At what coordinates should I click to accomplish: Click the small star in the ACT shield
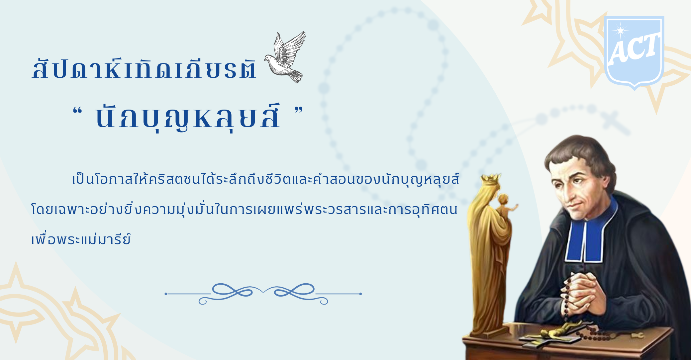[620, 31]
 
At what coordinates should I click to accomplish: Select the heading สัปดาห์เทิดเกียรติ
[145, 68]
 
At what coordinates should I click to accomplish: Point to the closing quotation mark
[299, 111]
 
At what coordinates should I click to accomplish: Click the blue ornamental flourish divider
[263, 294]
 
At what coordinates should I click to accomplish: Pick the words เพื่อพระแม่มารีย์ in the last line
[81, 239]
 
